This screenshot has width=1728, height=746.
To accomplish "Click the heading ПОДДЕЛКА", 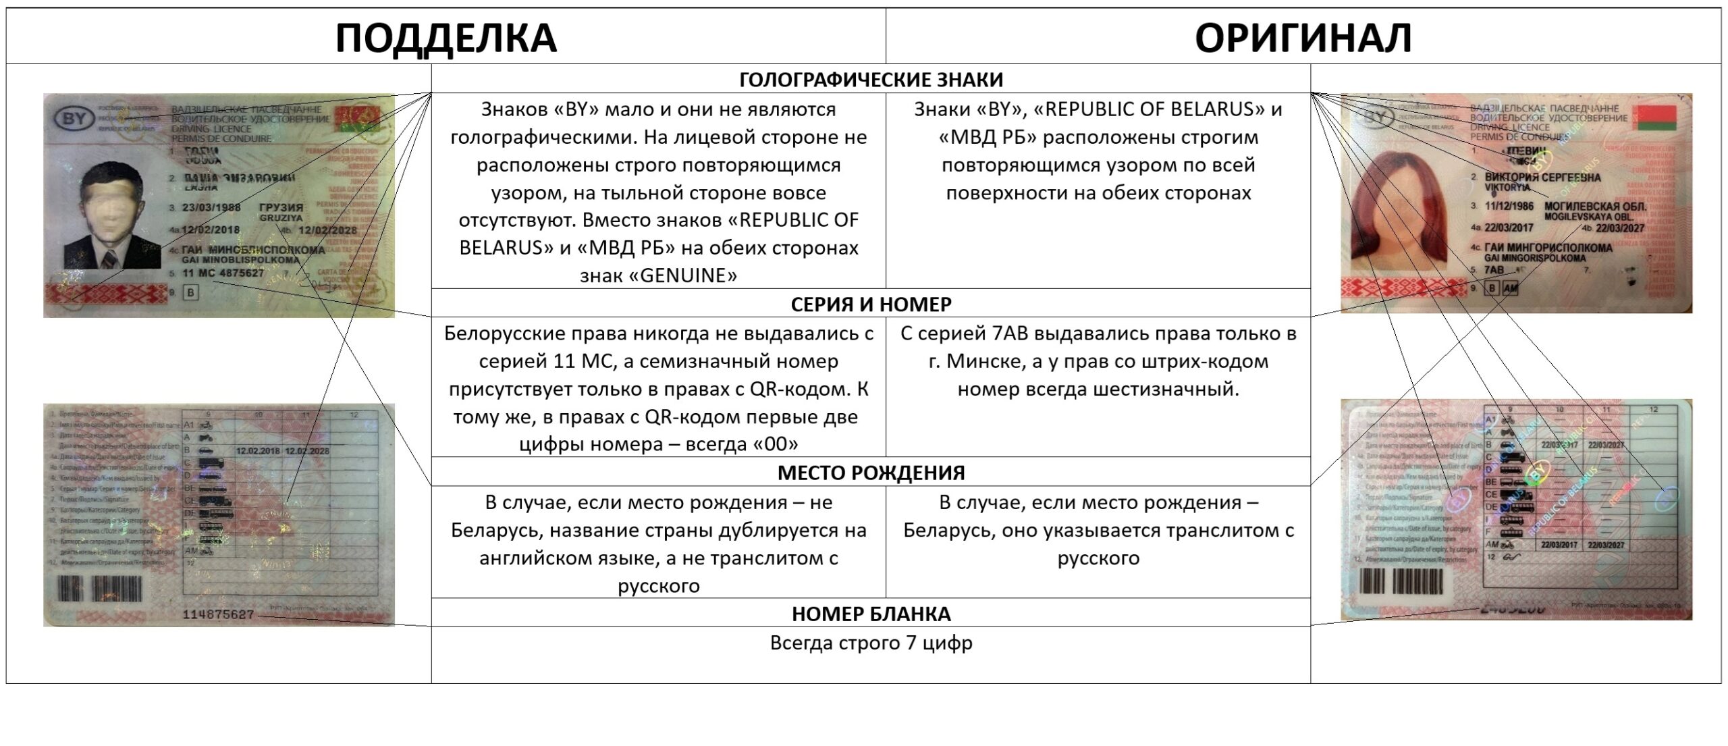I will pyautogui.click(x=446, y=37).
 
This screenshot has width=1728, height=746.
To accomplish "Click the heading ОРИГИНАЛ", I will pyautogui.click(x=1303, y=37).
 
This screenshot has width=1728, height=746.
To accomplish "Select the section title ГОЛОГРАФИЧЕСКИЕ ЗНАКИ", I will pyautogui.click(x=871, y=80).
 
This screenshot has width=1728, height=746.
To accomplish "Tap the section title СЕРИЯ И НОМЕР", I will pyautogui.click(x=871, y=304).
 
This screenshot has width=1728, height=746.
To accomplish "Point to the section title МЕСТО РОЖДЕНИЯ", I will pyautogui.click(x=871, y=473).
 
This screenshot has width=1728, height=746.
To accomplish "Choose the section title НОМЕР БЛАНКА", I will pyautogui.click(x=871, y=614).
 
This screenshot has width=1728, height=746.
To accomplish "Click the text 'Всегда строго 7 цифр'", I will pyautogui.click(x=871, y=643).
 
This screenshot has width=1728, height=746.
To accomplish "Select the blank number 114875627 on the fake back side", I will pyautogui.click(x=218, y=614).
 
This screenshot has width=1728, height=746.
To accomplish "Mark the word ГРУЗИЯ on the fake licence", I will pyautogui.click(x=281, y=207).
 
